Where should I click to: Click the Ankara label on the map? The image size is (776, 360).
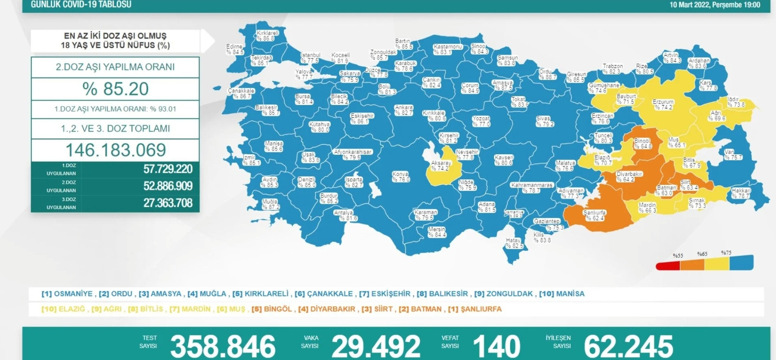pos(403,110)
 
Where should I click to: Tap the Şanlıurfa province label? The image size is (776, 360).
pos(595,215)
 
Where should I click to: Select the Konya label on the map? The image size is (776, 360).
pos(400,177)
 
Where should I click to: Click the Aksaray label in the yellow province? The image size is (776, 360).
pos(441,166)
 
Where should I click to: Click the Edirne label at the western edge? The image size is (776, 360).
pos(235,50)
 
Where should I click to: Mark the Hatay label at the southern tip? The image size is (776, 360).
pos(514,243)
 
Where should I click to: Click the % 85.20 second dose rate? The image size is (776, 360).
pos(115,89)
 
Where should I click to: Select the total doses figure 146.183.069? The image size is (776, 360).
pos(115,150)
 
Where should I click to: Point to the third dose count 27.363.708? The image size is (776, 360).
pos(168,203)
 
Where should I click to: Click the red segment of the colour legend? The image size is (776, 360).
pos(667,266)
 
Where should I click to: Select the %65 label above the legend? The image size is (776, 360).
pos(702,254)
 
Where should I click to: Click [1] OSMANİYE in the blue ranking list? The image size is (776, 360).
pos(67,294)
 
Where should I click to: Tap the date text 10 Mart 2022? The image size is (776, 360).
pos(689,5)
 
